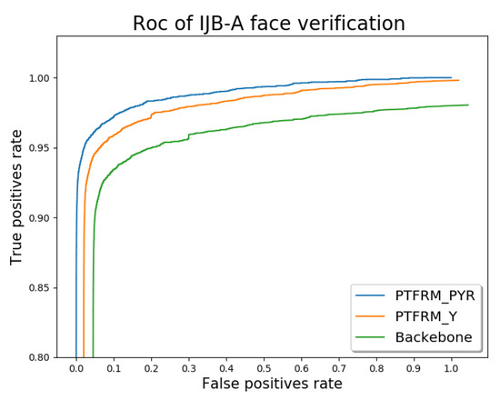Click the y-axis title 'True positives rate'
coord(16,196)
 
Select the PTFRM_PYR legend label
coord(433,296)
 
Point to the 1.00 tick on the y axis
coord(40,78)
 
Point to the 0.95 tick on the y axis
coord(40,148)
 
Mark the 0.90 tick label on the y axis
coord(40,218)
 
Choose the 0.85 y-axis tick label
coord(40,288)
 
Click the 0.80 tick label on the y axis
coord(40,358)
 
